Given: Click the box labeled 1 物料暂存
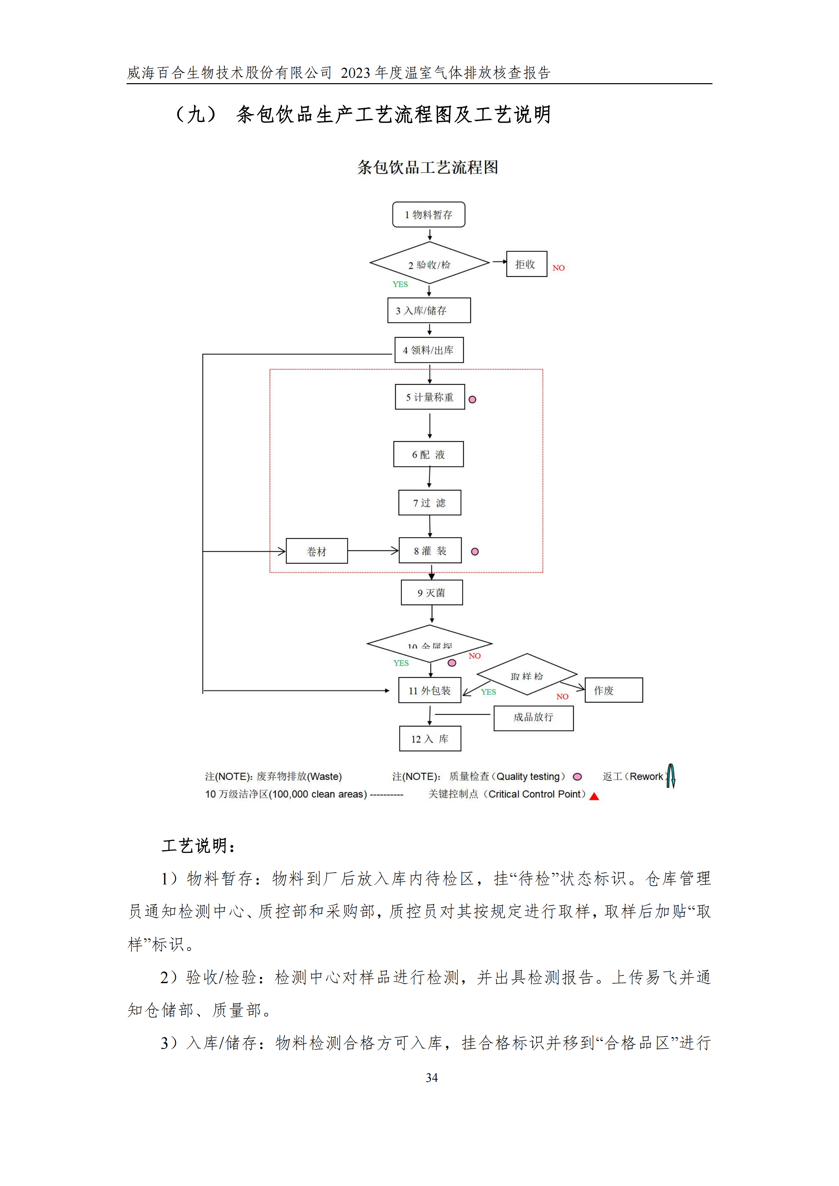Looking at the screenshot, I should pos(429,214).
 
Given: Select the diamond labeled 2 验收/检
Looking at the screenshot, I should pos(429,263).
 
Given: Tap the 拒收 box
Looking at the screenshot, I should pos(526,264).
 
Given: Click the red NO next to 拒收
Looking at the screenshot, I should pos(558,267).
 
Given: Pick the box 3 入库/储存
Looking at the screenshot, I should pos(429,310).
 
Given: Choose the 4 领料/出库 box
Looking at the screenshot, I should pos(429,350).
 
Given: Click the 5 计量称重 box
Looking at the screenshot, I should pos(430,397).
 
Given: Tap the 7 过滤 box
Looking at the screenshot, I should pos(430,503).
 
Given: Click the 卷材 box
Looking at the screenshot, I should pos(316,551).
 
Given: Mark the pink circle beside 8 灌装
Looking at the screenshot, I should pos(475,552).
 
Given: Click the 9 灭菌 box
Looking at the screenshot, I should pos(432,592).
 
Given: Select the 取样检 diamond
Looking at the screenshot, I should pos(527,675).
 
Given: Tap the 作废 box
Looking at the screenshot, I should pos(614,690).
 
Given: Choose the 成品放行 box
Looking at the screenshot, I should pos(534,717).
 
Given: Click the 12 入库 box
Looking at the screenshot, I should pos(430,739).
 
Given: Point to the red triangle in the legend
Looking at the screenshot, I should pos(594,797).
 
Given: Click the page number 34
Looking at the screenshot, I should pos(432,1077).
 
